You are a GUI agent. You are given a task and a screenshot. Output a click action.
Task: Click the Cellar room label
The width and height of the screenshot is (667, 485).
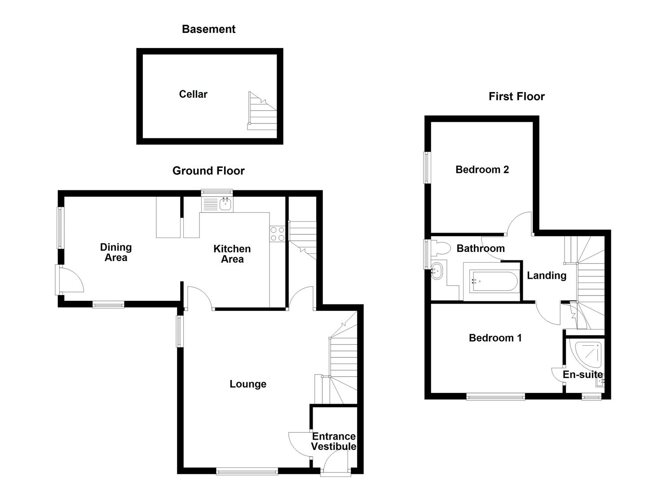(193, 94)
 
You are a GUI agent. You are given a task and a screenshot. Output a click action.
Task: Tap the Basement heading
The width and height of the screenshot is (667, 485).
(208, 29)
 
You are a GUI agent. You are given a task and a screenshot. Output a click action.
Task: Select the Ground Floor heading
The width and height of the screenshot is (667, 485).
(208, 171)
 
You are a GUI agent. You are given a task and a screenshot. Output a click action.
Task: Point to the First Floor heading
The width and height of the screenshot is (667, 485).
(517, 97)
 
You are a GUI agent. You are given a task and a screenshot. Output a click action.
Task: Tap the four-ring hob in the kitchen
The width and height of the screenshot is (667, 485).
(277, 234)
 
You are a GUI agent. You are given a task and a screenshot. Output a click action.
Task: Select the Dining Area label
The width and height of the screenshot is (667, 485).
(116, 252)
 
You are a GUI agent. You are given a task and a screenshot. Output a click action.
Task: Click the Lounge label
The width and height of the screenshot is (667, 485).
(248, 384)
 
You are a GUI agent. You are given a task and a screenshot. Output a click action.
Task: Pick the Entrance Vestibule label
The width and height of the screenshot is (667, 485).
(334, 441)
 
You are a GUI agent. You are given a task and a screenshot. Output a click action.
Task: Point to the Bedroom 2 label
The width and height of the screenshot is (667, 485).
(482, 170)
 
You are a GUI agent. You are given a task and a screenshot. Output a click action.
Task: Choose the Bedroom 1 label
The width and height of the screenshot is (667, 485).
(495, 338)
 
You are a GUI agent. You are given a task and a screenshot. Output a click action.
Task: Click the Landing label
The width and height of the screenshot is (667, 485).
(546, 276)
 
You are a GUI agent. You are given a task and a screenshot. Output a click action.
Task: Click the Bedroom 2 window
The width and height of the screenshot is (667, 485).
(427, 168)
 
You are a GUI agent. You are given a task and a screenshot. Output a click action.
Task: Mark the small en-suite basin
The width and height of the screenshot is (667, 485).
(600, 382)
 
